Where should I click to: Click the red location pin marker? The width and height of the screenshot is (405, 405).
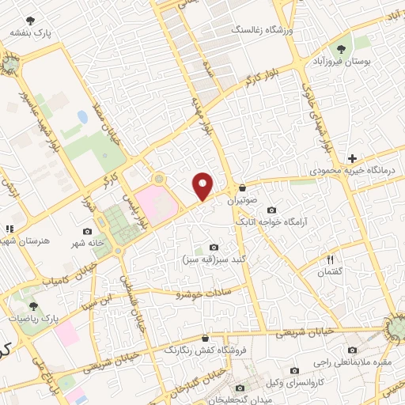coord(203,186)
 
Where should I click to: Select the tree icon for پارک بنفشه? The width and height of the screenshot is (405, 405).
coord(31,21)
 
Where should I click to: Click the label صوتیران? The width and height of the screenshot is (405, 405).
coord(243,201)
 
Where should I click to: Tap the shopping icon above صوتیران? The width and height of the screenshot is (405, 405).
coord(242,188)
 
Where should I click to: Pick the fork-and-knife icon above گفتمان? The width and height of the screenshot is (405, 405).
coord(331,259)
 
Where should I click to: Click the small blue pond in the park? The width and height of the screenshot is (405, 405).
coord(82,117)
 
